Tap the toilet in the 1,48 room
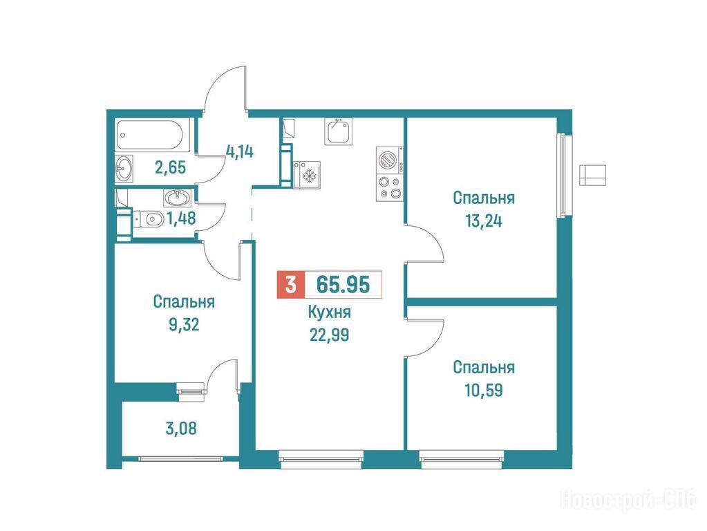[150, 219]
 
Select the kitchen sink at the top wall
[338, 131]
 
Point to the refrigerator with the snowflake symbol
[307, 175]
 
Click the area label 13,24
[483, 221]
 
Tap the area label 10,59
[483, 390]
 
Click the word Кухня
[329, 312]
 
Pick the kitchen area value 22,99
[329, 335]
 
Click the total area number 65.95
[343, 284]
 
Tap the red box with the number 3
[291, 285]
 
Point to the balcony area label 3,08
[181, 428]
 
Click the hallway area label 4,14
[239, 151]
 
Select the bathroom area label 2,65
[170, 167]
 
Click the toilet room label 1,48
[181, 218]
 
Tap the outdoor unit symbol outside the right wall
[592, 175]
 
